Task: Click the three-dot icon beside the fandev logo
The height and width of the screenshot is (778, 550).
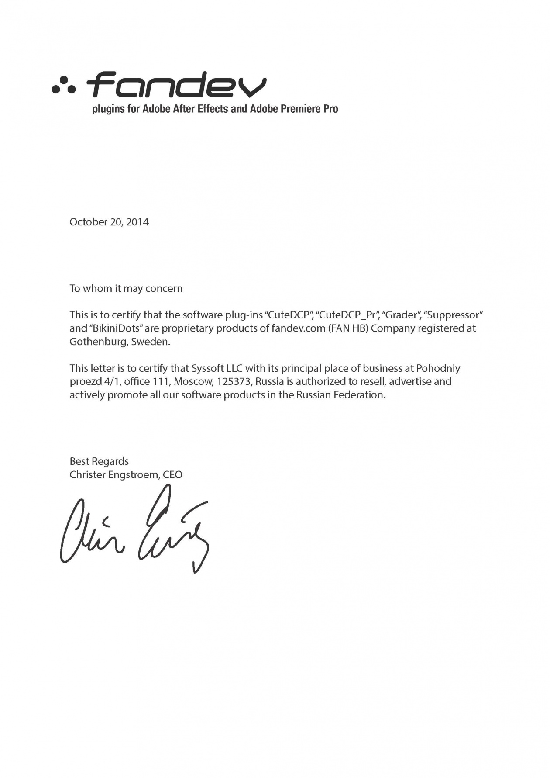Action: (64, 85)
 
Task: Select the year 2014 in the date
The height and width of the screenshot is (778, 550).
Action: (137, 222)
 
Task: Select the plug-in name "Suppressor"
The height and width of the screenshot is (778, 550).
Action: (453, 315)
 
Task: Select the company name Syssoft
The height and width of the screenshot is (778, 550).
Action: (208, 369)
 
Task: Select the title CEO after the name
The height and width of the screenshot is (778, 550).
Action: (172, 475)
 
